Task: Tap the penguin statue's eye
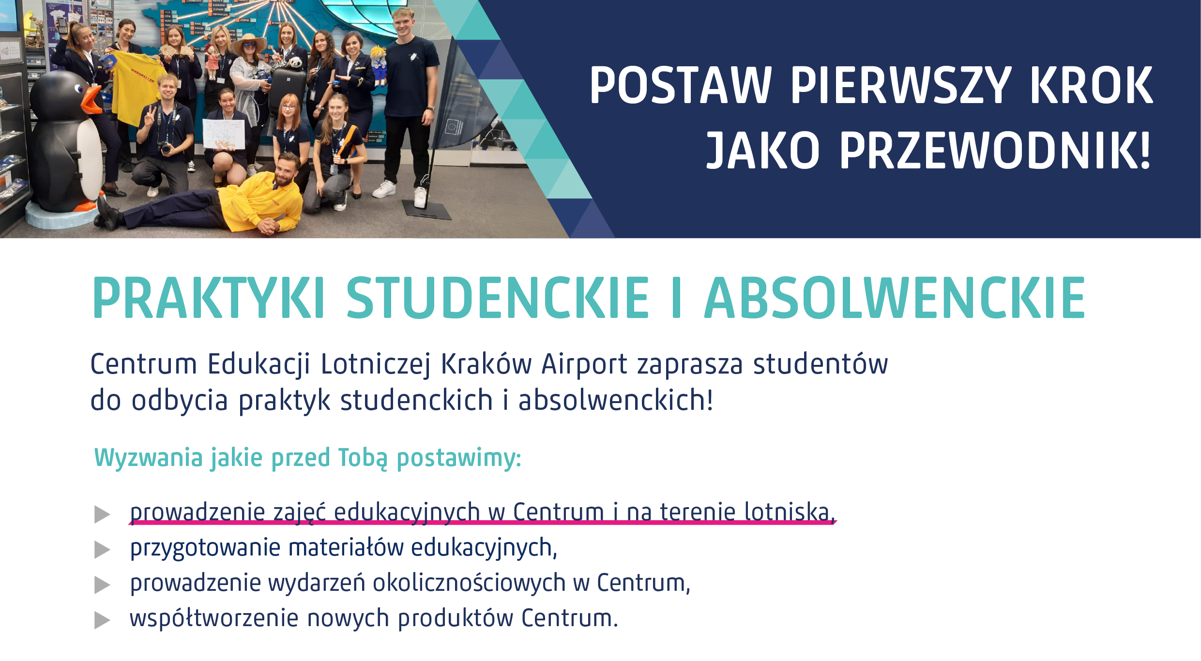(x=78, y=89)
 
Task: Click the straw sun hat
(x=249, y=43)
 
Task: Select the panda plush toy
(x=294, y=62)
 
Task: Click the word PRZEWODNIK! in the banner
(x=995, y=150)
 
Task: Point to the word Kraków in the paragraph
(x=486, y=364)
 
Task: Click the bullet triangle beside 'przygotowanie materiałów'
(x=102, y=550)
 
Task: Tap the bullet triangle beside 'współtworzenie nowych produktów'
(x=102, y=620)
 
